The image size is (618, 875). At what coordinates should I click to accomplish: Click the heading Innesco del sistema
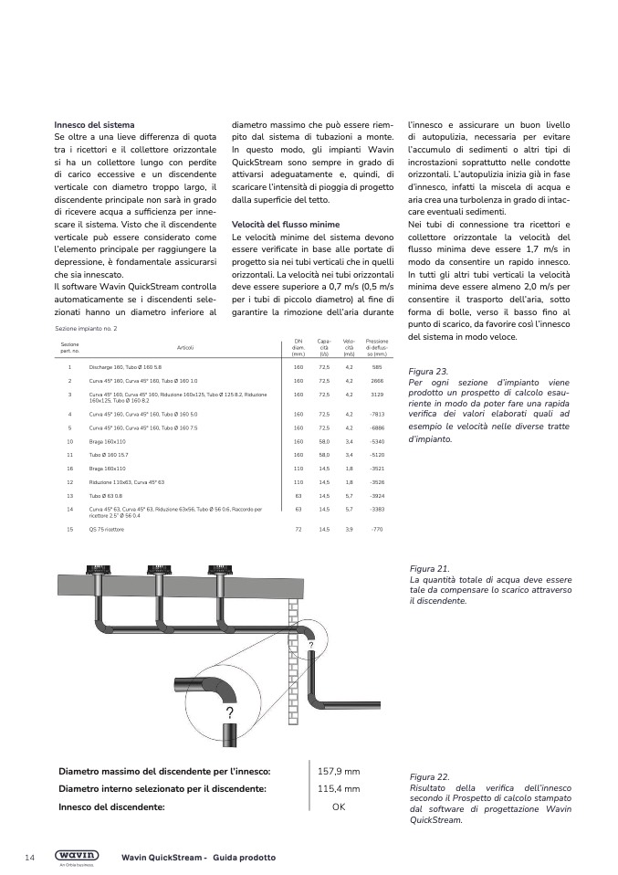pyautogui.click(x=94, y=124)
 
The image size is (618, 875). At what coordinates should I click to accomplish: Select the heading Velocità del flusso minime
pyautogui.click(x=285, y=224)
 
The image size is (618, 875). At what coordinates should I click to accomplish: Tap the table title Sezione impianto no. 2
pyautogui.click(x=86, y=328)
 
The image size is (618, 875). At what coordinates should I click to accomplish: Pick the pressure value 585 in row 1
pyautogui.click(x=376, y=366)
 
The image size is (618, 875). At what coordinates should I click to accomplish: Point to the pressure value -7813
pyautogui.click(x=376, y=414)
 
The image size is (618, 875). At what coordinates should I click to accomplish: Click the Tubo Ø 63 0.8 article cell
pyautogui.click(x=107, y=494)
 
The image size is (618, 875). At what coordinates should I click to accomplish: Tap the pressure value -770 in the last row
pyautogui.click(x=376, y=529)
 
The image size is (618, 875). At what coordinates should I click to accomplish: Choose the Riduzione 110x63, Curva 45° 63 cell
pyautogui.click(x=126, y=481)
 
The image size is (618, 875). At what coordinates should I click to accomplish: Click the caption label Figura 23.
pyautogui.click(x=428, y=372)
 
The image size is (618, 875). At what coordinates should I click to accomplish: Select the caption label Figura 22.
pyautogui.click(x=429, y=775)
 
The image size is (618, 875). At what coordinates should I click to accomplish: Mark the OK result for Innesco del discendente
pyautogui.click(x=339, y=807)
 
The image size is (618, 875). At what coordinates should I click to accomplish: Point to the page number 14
pyautogui.click(x=30, y=857)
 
